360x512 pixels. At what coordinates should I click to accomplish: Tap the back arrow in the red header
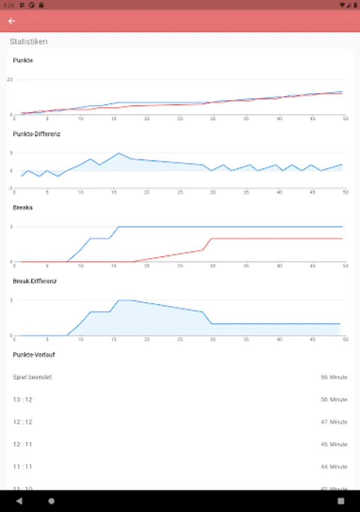click(x=11, y=21)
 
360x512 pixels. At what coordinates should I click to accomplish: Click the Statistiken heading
click(x=28, y=42)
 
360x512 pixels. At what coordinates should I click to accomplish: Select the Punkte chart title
click(x=23, y=60)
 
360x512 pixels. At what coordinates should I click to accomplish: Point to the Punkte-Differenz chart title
click(x=36, y=134)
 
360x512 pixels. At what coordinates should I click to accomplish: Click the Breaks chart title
click(x=23, y=208)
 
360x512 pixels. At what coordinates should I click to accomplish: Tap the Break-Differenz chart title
click(x=35, y=281)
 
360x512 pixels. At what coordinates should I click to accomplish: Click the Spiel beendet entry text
click(x=32, y=377)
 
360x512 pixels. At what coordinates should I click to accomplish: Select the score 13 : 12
click(x=23, y=400)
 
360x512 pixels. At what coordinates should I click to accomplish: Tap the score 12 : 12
click(x=23, y=422)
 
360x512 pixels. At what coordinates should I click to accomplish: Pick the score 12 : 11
click(x=23, y=444)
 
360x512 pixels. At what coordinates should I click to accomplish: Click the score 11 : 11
click(x=23, y=466)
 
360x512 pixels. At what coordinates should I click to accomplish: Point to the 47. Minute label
click(x=334, y=422)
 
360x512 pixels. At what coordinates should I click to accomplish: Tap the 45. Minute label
click(x=334, y=444)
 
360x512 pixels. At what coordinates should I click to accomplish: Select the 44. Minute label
click(x=334, y=466)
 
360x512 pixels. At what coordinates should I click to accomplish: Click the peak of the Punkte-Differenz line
click(x=118, y=153)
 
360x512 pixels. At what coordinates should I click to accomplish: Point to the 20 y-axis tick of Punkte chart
click(x=10, y=79)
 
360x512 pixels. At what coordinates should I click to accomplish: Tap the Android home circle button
click(x=52, y=501)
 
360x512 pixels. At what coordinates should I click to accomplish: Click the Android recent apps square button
click(x=341, y=501)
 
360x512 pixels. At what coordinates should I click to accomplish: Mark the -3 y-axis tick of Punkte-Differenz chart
click(x=10, y=188)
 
